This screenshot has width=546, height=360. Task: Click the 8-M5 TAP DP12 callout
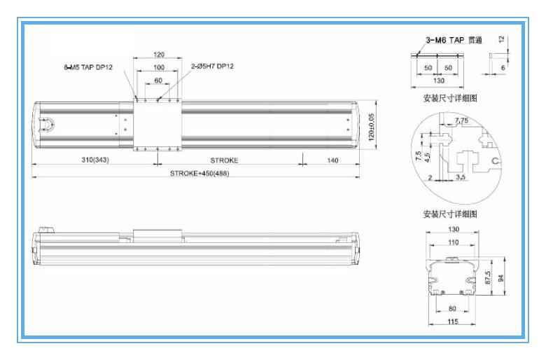pyautogui.click(x=88, y=67)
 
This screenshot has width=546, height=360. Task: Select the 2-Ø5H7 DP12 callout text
pyautogui.click(x=212, y=67)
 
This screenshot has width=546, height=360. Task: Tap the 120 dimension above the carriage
pyautogui.click(x=159, y=55)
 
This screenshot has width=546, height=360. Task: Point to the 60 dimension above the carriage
pyautogui.click(x=158, y=81)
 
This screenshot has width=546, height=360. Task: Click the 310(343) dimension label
pyautogui.click(x=95, y=160)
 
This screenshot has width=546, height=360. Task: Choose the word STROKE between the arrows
pyautogui.click(x=224, y=160)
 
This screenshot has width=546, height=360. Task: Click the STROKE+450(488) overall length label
pyautogui.click(x=199, y=173)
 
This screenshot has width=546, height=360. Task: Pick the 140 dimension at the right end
pyautogui.click(x=332, y=160)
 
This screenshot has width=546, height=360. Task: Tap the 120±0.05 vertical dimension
pyautogui.click(x=371, y=127)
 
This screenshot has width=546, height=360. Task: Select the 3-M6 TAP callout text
pyautogui.click(x=445, y=40)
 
